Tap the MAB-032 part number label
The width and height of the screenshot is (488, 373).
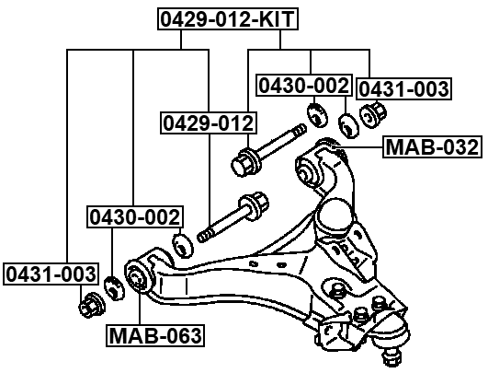point(430,146)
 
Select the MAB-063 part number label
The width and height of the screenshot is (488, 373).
point(154,335)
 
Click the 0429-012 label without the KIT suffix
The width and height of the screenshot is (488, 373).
point(208,122)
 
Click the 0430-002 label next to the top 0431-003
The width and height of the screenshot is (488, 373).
point(303,86)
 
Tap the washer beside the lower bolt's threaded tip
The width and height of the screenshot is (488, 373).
point(182,244)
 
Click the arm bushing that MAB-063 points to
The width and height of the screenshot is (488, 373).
point(138,274)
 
